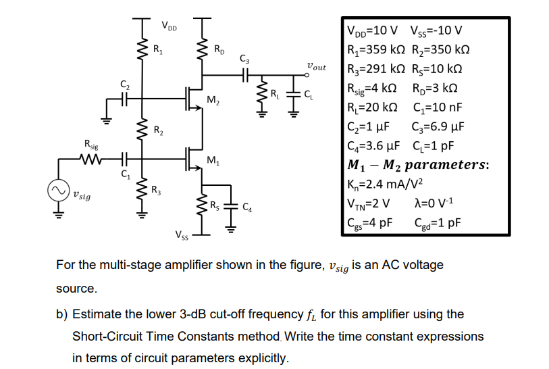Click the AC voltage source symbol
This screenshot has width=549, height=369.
tap(57, 190)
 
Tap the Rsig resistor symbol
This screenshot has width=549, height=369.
tap(90, 161)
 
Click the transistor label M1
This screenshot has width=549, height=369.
tap(213, 160)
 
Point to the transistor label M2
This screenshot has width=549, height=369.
tap(213, 101)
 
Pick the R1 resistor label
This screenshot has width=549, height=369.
tap(157, 49)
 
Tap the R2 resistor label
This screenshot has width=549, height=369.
tap(157, 130)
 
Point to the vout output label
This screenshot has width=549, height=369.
tap(315, 67)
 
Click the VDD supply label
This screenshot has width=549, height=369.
tap(169, 27)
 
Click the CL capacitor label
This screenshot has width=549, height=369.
tap(308, 95)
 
